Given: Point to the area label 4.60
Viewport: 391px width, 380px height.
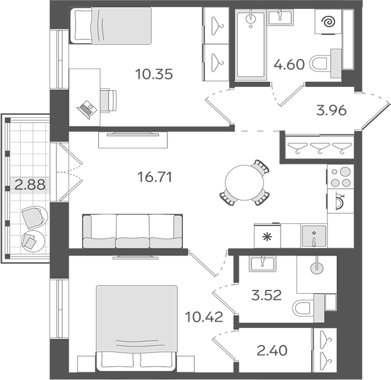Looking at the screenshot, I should coord(289,65).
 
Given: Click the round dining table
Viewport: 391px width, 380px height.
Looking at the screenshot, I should coord(244,181).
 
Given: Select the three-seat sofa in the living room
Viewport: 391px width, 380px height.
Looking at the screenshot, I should coord(133,230).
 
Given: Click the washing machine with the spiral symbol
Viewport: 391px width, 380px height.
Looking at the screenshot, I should coord(329,24).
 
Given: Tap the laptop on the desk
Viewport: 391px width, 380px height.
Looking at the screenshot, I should coord(86,108).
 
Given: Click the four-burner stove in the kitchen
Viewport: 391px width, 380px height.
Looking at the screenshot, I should coord(339,176).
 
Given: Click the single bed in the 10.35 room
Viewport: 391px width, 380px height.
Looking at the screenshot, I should coord(110,26).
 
